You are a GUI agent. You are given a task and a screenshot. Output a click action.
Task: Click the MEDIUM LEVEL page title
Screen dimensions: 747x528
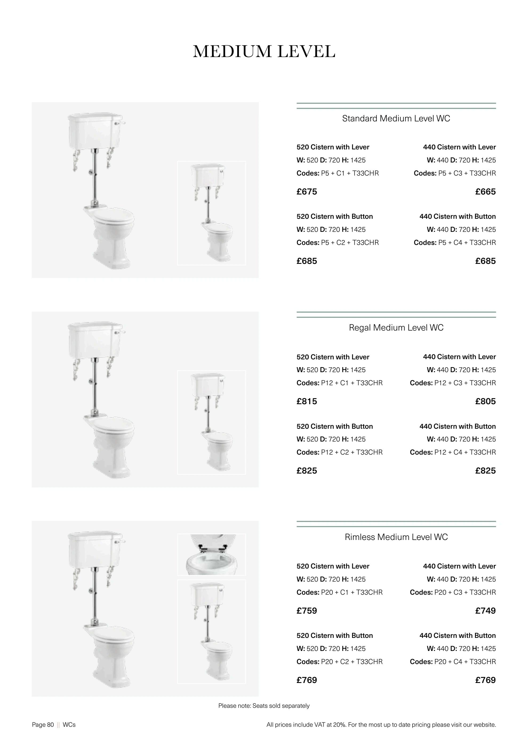[x=264, y=51]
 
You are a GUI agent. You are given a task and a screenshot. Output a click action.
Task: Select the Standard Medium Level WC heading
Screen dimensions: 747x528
[x=396, y=118]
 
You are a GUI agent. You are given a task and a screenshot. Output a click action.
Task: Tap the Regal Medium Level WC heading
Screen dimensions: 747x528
[x=396, y=328]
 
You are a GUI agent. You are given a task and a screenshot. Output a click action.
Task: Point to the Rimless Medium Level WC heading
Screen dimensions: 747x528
[x=396, y=537]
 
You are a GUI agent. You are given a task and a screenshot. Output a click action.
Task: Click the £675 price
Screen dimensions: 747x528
[x=307, y=192]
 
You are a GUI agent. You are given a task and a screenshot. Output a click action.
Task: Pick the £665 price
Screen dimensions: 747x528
[x=485, y=192]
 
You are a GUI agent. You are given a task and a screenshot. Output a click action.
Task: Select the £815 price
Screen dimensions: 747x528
[x=307, y=401]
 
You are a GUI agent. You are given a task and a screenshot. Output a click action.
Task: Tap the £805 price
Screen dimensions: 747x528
[x=485, y=401]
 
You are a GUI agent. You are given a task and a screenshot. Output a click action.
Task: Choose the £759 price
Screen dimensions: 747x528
[x=307, y=611]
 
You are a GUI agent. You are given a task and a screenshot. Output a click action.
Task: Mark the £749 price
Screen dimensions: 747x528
[x=485, y=611]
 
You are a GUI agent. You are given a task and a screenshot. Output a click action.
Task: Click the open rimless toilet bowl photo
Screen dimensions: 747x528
[x=211, y=554]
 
